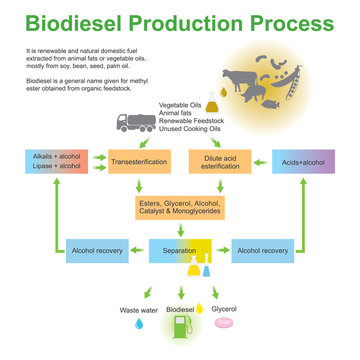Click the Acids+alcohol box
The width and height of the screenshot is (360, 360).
303,162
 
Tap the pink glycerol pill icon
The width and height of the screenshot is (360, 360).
226,324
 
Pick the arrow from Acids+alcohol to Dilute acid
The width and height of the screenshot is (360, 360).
262,162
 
